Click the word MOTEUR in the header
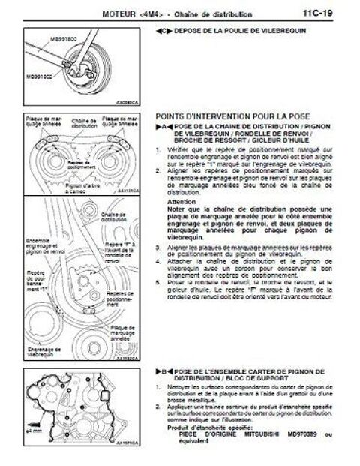(121, 13)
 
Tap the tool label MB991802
(44, 77)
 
